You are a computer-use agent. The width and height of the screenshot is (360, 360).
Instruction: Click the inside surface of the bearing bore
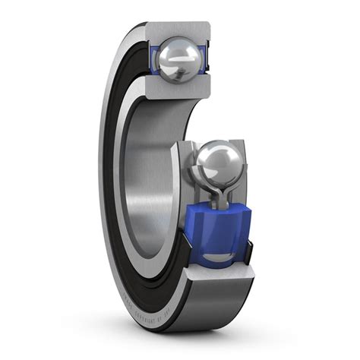coord(148,175)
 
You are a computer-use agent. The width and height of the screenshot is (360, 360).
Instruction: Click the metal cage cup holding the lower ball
coord(199,182)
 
